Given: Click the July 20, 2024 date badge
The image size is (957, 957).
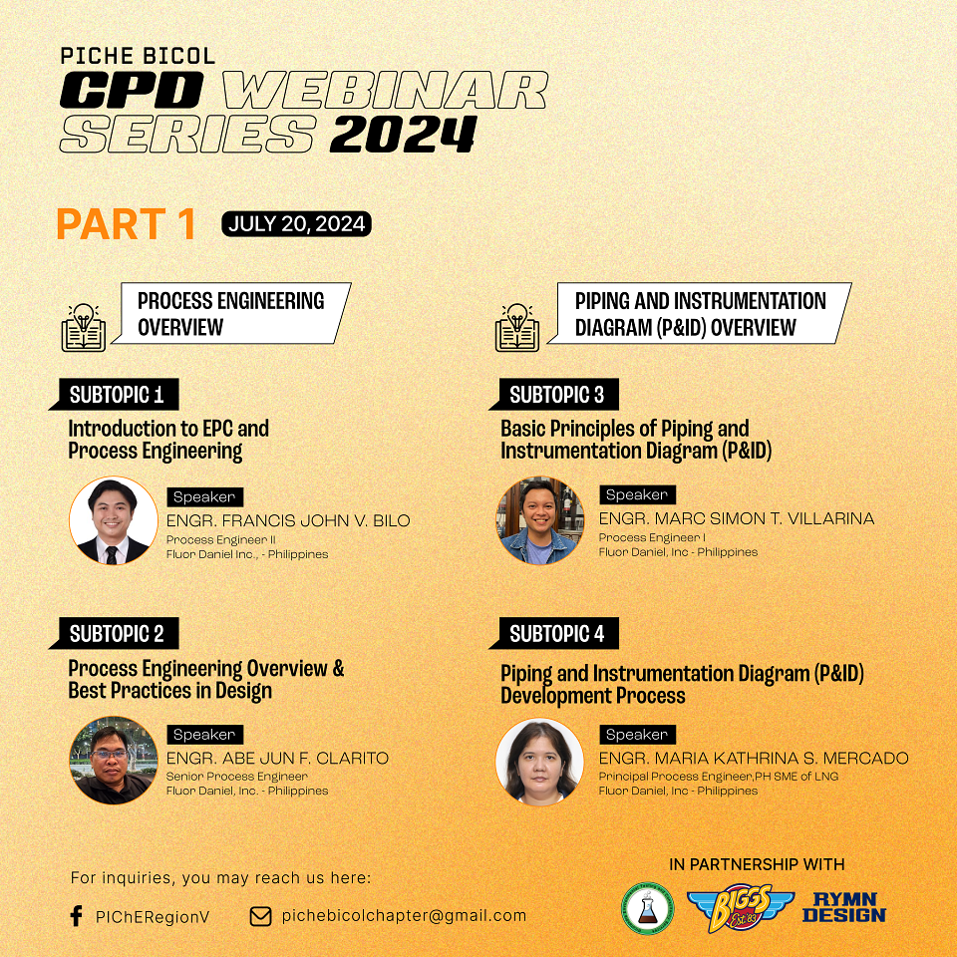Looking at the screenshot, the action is pos(296,224).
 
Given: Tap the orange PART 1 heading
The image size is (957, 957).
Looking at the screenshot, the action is pos(126,224).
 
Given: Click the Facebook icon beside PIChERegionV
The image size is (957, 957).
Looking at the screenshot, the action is pos(77,915).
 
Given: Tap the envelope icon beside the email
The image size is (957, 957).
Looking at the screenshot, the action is pos(260,916).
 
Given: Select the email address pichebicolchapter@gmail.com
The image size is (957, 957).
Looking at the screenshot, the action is pos(404,915).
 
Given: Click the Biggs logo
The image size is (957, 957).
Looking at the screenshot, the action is pos(741,907).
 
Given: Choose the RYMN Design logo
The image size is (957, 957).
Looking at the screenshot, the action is pos(844,907).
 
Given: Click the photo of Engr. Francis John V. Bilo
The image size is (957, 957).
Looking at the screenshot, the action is pos(114,520).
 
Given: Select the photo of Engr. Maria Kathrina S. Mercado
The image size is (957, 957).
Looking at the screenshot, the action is pos(539,761).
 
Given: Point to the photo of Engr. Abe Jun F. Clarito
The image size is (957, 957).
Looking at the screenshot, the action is pos(114,761).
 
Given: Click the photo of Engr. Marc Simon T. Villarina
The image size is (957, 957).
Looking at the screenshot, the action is pos(539,520).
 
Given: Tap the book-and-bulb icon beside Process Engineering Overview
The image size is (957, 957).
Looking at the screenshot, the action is pos(84,328).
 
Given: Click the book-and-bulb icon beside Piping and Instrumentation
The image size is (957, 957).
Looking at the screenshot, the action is pos(517,328).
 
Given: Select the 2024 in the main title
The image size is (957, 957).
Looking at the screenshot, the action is pos(404,134).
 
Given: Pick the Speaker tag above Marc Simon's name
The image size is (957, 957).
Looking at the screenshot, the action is pos(637,495).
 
